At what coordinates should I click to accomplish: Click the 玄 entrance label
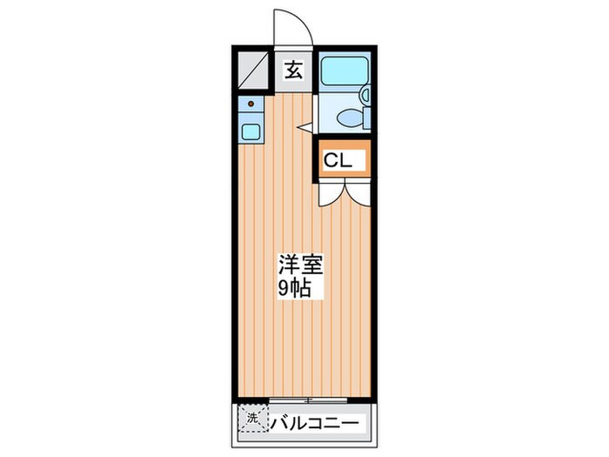tap(293, 71)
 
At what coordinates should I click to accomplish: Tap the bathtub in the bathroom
tap(345, 71)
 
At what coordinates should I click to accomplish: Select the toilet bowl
tap(350, 118)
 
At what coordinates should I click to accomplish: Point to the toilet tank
tap(366, 118)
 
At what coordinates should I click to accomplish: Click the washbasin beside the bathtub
tap(365, 94)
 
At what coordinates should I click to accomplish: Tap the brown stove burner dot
tap(251, 104)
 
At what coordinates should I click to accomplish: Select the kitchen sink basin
tap(251, 131)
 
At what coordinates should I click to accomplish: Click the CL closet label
tap(338, 160)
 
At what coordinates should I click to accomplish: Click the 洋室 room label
tap(300, 265)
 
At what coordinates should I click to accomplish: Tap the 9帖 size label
tap(294, 287)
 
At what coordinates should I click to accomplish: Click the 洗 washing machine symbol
tap(253, 418)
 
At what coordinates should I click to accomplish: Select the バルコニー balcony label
tap(314, 423)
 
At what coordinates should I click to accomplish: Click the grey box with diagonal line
tap(253, 71)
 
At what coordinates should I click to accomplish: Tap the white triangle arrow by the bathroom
tap(304, 127)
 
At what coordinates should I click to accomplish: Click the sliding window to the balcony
tap(308, 400)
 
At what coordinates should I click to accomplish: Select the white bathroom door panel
tap(315, 113)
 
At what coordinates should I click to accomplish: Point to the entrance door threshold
tap(293, 48)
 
